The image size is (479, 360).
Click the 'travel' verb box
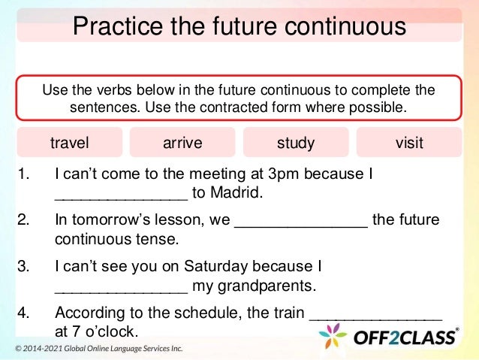click(69, 143)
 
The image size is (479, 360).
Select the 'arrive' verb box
click(182, 143)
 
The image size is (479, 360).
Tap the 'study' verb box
click(296, 143)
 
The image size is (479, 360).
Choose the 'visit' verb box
click(409, 143)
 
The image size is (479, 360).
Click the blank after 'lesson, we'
click(302, 222)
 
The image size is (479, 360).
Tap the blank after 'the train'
click(376, 314)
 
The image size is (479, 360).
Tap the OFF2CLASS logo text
click(405, 337)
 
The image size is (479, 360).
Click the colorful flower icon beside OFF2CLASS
click(333, 336)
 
